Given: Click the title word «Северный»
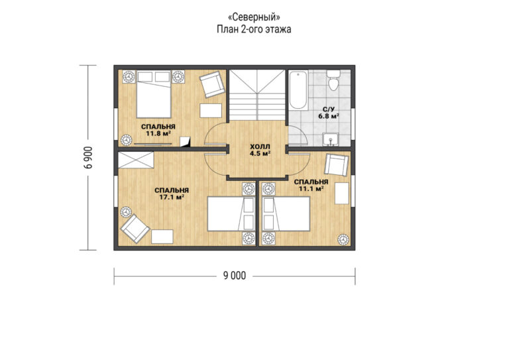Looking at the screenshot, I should pyautogui.click(x=254, y=16).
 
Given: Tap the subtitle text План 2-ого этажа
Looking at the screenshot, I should pyautogui.click(x=254, y=29).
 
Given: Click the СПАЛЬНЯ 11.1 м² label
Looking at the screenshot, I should pyautogui.click(x=311, y=185).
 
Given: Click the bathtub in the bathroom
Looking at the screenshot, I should pyautogui.click(x=296, y=91).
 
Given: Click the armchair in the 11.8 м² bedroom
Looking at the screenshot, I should pyautogui.click(x=212, y=84).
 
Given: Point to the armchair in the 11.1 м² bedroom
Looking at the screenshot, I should pyautogui.click(x=337, y=164).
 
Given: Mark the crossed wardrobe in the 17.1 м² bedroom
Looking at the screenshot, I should pyautogui.click(x=137, y=160).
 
